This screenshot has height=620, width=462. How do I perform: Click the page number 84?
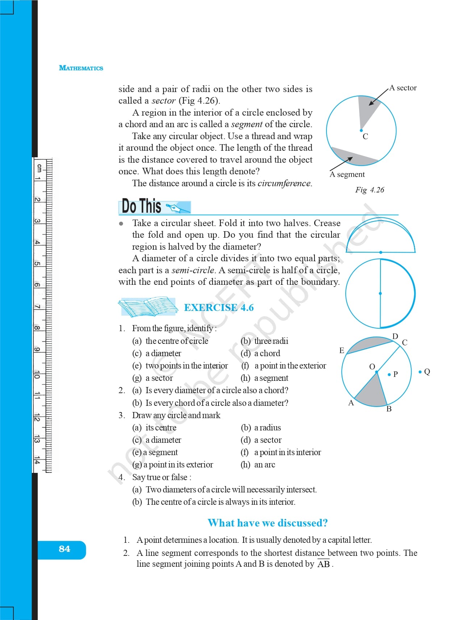click(x=64, y=549)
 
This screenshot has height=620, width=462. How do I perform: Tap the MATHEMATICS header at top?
click(x=81, y=68)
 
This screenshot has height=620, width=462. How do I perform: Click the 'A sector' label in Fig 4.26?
click(x=403, y=88)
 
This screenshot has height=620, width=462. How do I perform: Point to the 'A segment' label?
click(x=347, y=174)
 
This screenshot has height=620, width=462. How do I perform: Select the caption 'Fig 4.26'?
click(x=369, y=190)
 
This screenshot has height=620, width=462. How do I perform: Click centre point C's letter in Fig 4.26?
click(x=365, y=137)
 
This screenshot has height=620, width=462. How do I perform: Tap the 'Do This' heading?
click(x=141, y=206)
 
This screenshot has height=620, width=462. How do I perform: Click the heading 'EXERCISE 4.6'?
click(x=218, y=308)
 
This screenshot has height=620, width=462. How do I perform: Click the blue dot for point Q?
click(x=420, y=372)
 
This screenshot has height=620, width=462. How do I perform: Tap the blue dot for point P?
click(x=389, y=374)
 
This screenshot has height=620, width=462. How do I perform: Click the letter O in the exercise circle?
click(x=372, y=367)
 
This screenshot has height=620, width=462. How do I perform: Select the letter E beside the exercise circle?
click(x=341, y=350)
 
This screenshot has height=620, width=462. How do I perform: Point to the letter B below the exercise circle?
click(x=389, y=409)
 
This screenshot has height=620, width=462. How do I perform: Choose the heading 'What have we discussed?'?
click(x=267, y=523)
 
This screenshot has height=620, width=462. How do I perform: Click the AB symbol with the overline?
click(x=324, y=564)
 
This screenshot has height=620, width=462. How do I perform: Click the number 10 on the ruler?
click(x=37, y=375)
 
